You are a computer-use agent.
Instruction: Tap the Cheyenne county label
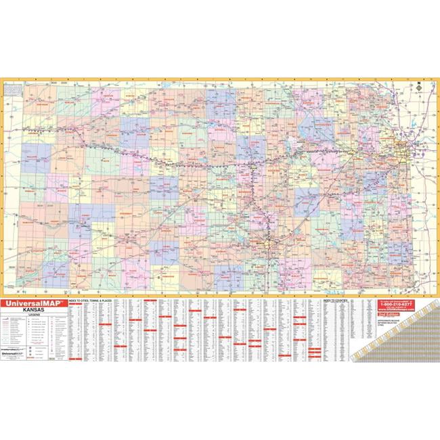click(x=41, y=105)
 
